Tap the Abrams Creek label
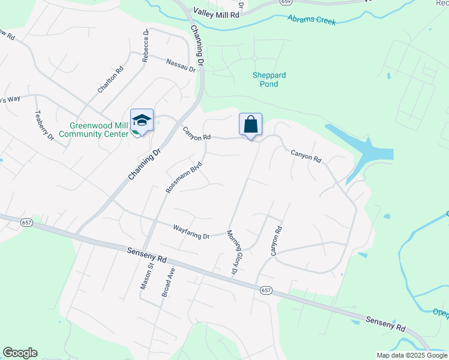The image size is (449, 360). (x=312, y=21)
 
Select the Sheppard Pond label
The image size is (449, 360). (x=269, y=80)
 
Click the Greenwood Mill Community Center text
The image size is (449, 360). (x=100, y=130)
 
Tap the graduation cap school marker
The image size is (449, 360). (x=142, y=120)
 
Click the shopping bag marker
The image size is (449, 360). (x=251, y=125)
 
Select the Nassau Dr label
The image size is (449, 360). (x=181, y=65)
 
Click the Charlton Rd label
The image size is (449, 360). (x=111, y=79)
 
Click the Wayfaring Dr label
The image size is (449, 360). (x=191, y=232)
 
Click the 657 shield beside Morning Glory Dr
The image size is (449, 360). (x=266, y=290)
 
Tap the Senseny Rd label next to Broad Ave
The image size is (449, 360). (x=146, y=256)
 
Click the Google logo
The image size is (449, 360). (x=20, y=353)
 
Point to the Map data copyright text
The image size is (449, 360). (x=412, y=355)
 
